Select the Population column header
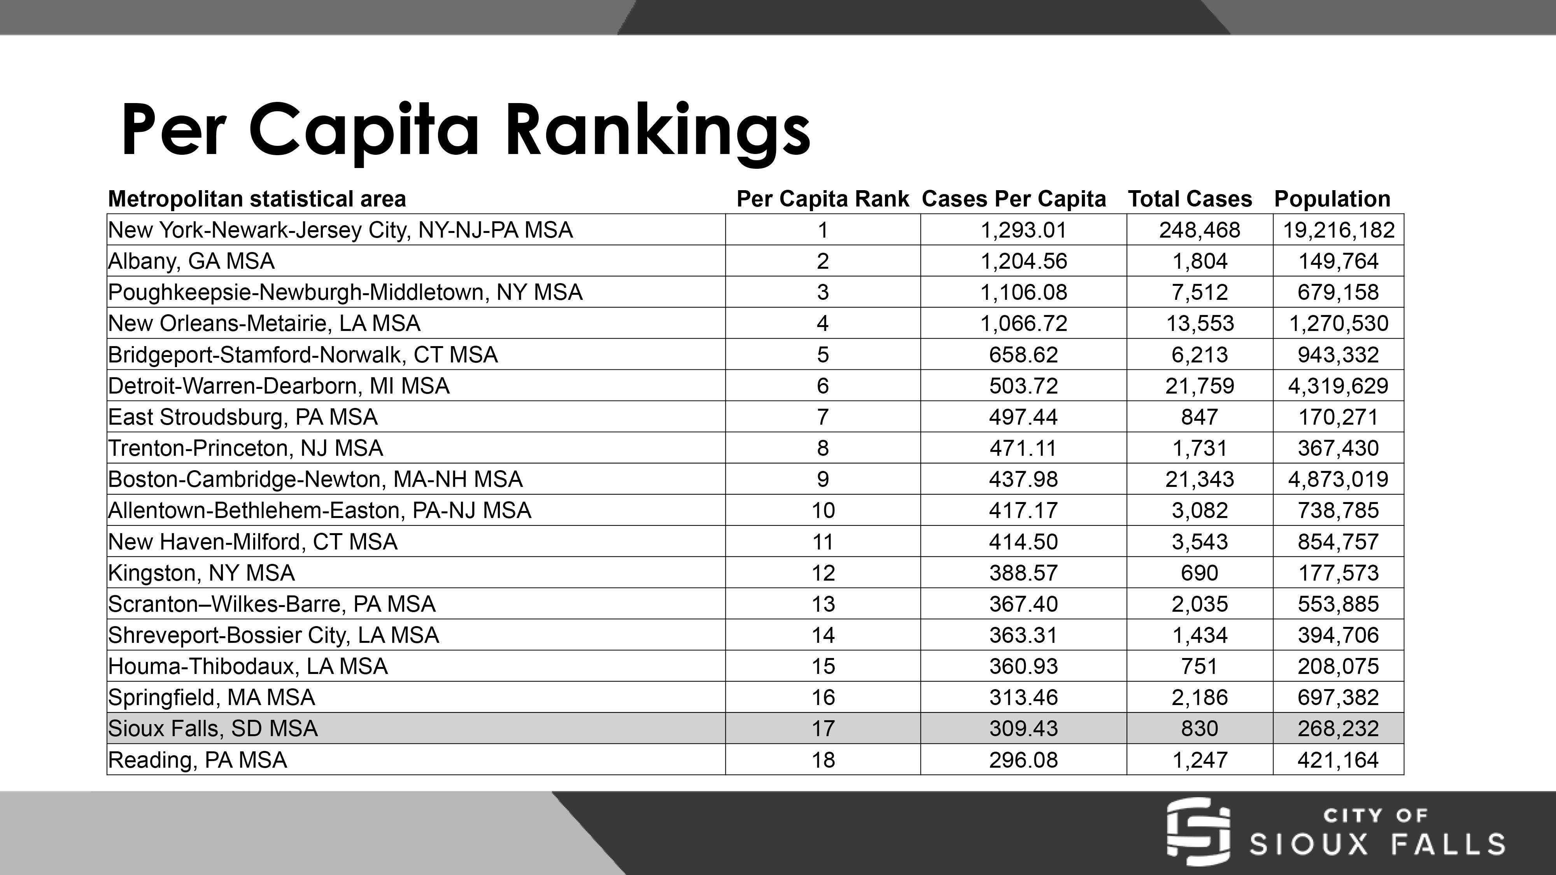point(1332,199)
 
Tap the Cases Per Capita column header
point(1014,199)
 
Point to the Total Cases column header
point(1189,199)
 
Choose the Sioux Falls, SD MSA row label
point(213,728)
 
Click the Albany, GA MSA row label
point(191,261)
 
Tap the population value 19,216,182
point(1339,230)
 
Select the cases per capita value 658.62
point(1023,354)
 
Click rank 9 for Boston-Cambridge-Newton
point(823,479)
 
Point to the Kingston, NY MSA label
point(201,572)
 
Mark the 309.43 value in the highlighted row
point(1023,728)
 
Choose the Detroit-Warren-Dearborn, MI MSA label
point(279,386)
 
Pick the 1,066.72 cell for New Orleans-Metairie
point(1023,324)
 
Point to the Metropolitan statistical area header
point(257,199)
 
